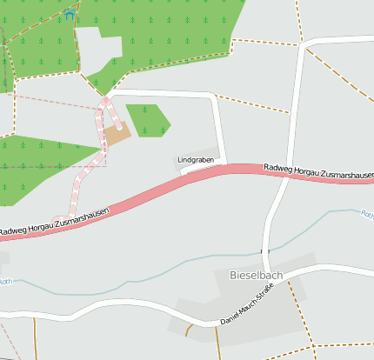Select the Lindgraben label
(x=196, y=160)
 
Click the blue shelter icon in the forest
(x=70, y=16)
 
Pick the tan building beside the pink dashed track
(x=117, y=133)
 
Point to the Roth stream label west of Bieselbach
(x=5, y=281)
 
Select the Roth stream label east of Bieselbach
(x=366, y=213)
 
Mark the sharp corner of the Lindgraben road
(x=214, y=96)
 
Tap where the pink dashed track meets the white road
(x=107, y=97)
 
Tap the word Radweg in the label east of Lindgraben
(x=278, y=167)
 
